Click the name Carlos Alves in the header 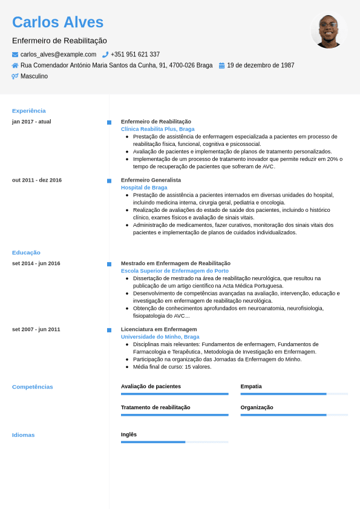[x=58, y=22]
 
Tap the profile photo [x=329, y=31]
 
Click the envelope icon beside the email [x=15, y=54]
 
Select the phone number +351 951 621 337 [x=135, y=54]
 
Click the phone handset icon [x=105, y=54]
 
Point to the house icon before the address [x=15, y=65]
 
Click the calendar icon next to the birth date [x=221, y=65]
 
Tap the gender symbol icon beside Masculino [x=15, y=76]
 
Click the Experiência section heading [x=29, y=111]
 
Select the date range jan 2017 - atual [x=31, y=122]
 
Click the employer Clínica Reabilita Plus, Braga [x=157, y=129]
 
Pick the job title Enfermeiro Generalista [x=151, y=180]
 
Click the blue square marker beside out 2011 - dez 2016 [x=109, y=181]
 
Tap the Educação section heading [x=26, y=252]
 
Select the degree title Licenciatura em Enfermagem [x=159, y=329]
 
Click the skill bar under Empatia [x=294, y=394]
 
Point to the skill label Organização [x=257, y=407]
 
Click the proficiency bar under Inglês [x=174, y=442]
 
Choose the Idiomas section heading [x=24, y=435]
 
